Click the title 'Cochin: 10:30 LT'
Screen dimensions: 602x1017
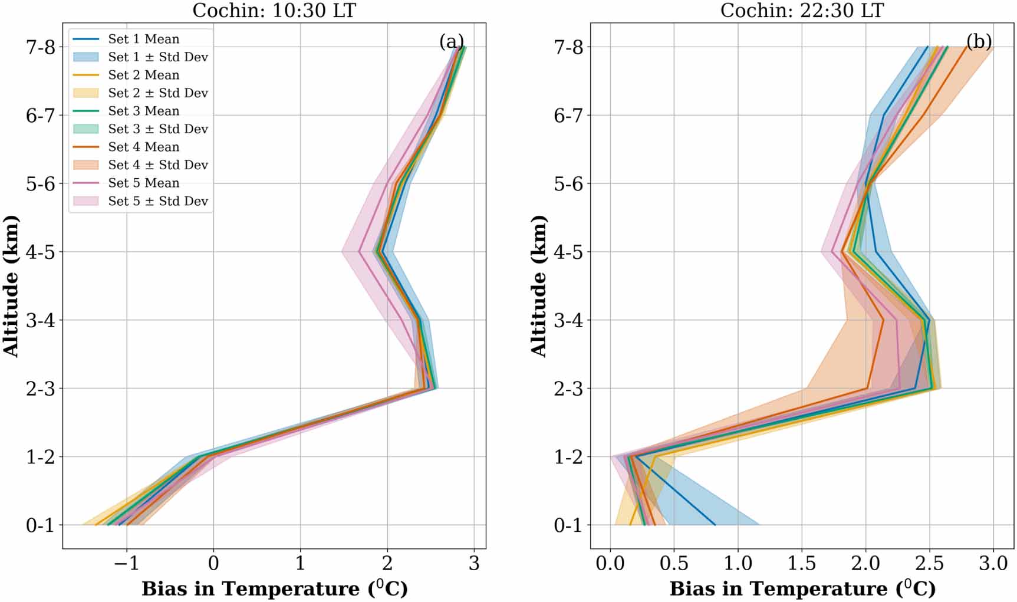coord(274,10)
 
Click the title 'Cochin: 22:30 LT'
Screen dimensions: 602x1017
coord(802,10)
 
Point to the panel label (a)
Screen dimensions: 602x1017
coord(451,42)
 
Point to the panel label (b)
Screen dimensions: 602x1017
coord(979,42)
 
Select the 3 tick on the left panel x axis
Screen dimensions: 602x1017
coord(474,564)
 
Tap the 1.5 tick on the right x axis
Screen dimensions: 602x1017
coord(802,564)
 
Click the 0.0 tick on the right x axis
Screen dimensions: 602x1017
coord(610,564)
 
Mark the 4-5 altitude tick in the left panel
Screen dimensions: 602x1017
coord(40,252)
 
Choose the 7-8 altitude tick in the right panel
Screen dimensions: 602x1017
coord(568,47)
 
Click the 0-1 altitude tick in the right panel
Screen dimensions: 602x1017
coord(568,525)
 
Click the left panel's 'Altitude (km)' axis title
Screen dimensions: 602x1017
coord(11,286)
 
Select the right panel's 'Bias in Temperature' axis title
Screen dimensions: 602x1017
coord(802,588)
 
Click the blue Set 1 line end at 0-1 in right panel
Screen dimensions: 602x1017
coord(715,524)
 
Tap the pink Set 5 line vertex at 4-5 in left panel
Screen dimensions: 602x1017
coord(359,252)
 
